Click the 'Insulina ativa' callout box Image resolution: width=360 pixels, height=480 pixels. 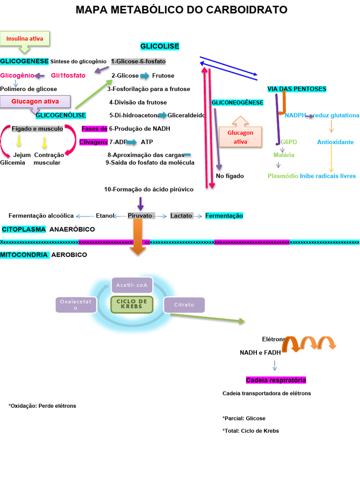(25, 38)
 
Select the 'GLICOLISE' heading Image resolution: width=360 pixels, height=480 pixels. (160, 46)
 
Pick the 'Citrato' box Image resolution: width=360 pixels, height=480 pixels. (184, 305)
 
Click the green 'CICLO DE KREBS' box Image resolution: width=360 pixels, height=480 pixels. (132, 304)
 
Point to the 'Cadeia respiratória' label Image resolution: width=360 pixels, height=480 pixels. (276, 380)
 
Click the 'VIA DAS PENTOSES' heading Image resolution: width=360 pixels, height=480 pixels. (297, 89)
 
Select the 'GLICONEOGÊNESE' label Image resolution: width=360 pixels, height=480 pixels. (237, 102)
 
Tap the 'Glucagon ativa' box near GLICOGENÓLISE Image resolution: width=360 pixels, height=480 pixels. (35, 102)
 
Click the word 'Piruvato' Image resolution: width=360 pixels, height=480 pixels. (140, 216)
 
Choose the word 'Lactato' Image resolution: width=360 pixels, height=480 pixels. (181, 216)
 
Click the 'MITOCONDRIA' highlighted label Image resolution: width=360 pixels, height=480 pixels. (24, 255)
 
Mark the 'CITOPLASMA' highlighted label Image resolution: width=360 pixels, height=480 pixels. (24, 229)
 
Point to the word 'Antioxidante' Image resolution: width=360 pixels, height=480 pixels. (335, 142)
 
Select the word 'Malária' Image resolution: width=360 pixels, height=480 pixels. (284, 155)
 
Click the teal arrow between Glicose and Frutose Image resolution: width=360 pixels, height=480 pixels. (145, 76)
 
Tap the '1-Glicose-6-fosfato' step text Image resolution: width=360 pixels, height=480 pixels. (138, 61)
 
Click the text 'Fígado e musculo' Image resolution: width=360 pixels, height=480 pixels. (37, 128)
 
